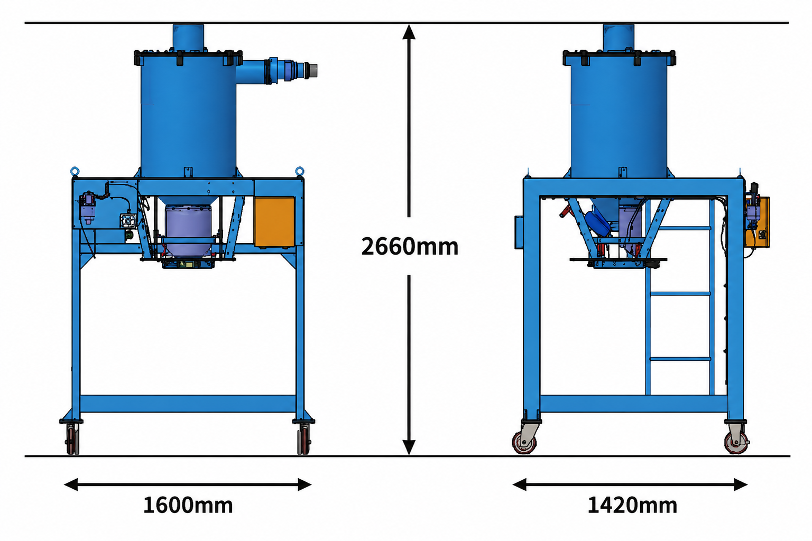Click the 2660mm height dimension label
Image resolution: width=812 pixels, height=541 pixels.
pos(410,247)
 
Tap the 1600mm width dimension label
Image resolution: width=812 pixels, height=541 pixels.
pos(188,505)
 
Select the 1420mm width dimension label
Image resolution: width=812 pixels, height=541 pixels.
pos(632,505)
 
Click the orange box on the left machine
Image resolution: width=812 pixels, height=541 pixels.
pos(274,222)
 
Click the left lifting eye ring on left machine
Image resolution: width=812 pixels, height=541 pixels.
pos(75,171)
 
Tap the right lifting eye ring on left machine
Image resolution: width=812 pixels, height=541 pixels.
pos(299,171)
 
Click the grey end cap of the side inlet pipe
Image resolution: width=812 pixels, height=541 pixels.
pos(312,70)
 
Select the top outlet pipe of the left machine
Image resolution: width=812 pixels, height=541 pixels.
pos(188,37)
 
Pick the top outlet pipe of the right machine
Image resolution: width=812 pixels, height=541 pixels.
pos(619,37)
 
